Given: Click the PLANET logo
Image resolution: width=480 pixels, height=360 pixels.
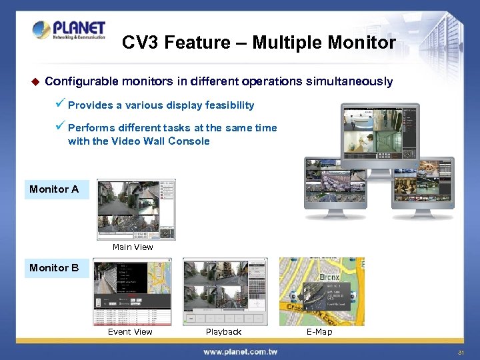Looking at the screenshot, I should click(69, 31).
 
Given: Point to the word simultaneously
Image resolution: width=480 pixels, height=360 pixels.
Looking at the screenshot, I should click(349, 81).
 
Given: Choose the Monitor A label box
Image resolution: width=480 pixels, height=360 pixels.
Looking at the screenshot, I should click(56, 189).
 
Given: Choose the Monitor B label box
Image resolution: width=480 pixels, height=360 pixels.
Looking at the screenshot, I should click(56, 268).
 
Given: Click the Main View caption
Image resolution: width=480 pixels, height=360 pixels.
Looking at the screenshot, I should click(133, 247).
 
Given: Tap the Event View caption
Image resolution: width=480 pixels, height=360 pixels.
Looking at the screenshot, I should click(130, 331).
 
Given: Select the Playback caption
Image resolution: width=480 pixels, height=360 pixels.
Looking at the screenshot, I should click(223, 331).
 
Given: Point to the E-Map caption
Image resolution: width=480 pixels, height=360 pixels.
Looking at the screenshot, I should click(319, 331).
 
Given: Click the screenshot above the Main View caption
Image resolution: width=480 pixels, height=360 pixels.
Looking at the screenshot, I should click(136, 209).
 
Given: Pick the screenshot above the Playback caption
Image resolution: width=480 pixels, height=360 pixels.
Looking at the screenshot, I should click(225, 291).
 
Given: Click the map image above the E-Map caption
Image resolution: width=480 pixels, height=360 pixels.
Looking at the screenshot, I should click(321, 291).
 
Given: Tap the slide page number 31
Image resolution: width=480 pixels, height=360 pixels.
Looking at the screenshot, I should click(461, 352).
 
